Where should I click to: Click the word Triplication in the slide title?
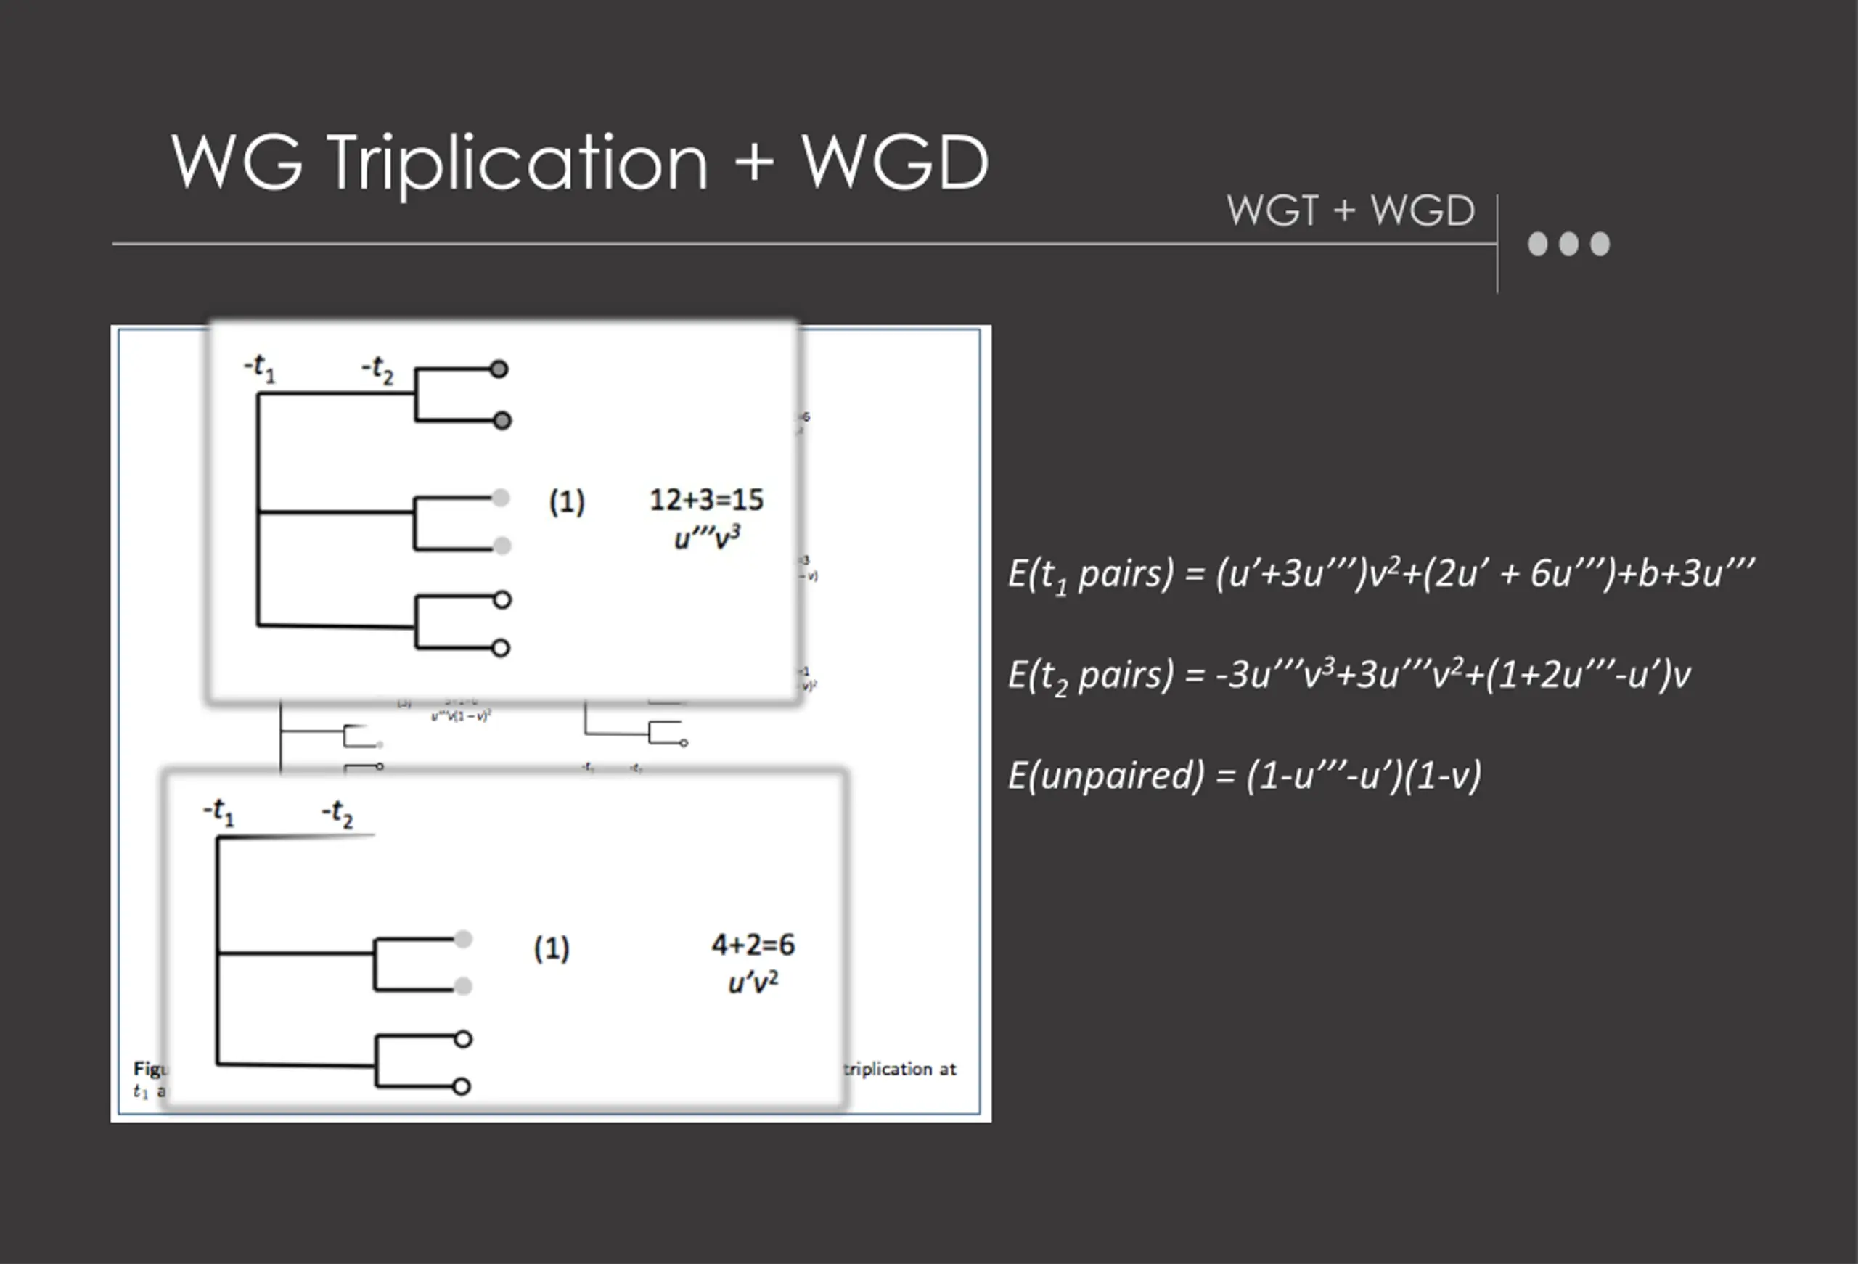(518, 163)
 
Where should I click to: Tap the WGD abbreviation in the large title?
(896, 163)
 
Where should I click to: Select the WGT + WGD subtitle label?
(1351, 211)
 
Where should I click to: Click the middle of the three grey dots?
(1568, 244)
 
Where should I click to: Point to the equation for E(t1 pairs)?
(1381, 574)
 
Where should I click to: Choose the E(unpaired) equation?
(1244, 776)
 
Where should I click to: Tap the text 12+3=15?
(706, 501)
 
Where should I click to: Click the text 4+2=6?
(753, 945)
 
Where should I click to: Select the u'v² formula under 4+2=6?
(753, 982)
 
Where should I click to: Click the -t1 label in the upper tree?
(260, 369)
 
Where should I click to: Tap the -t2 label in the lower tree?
(337, 813)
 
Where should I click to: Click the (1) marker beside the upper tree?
(567, 502)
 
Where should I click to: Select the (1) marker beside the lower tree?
(552, 948)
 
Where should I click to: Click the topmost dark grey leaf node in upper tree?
(499, 369)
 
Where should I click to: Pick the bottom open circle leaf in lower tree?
(462, 1086)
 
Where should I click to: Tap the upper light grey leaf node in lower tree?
(463, 939)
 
